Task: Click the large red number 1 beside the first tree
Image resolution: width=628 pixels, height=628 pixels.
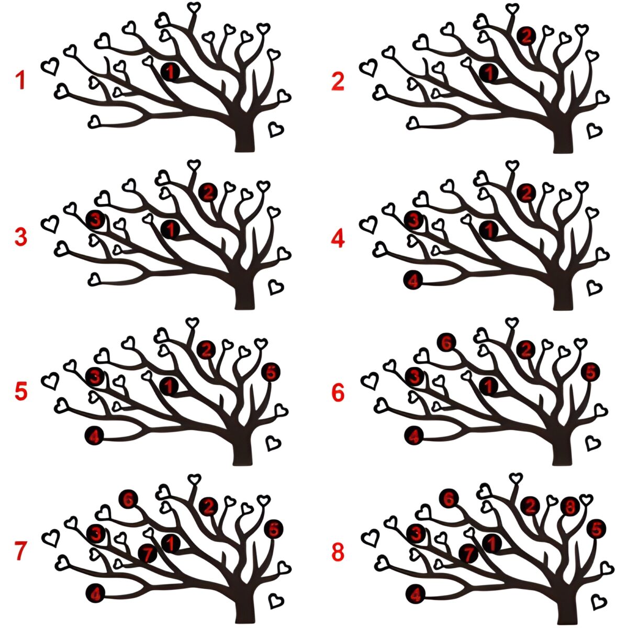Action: (x=20, y=80)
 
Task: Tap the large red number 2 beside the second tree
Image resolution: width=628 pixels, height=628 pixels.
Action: (x=338, y=82)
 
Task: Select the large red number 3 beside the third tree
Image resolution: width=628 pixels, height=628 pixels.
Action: (x=21, y=237)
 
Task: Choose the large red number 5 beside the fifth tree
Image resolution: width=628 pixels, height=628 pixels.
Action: (x=21, y=391)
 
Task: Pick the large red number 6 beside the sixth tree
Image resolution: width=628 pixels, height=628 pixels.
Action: (x=338, y=392)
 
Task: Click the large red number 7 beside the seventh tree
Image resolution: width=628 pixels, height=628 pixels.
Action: (x=20, y=551)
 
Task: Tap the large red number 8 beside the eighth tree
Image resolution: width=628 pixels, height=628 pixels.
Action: (x=338, y=552)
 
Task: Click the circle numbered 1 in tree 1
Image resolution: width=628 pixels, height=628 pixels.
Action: (x=170, y=72)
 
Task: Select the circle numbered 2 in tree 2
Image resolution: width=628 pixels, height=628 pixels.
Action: (x=526, y=36)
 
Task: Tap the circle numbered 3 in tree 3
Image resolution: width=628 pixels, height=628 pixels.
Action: (x=95, y=220)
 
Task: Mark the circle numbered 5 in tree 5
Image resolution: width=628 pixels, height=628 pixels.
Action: (x=271, y=372)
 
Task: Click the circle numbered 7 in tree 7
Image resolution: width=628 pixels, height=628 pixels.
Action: (x=148, y=554)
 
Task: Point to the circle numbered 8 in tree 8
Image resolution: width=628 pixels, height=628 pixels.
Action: (x=570, y=507)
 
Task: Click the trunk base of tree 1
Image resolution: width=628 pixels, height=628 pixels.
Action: (x=244, y=143)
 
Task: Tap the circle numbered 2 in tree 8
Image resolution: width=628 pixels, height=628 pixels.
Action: (x=530, y=506)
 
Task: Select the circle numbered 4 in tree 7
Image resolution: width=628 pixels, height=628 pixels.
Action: (x=95, y=593)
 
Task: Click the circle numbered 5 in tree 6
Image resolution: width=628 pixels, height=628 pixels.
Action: (x=590, y=372)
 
